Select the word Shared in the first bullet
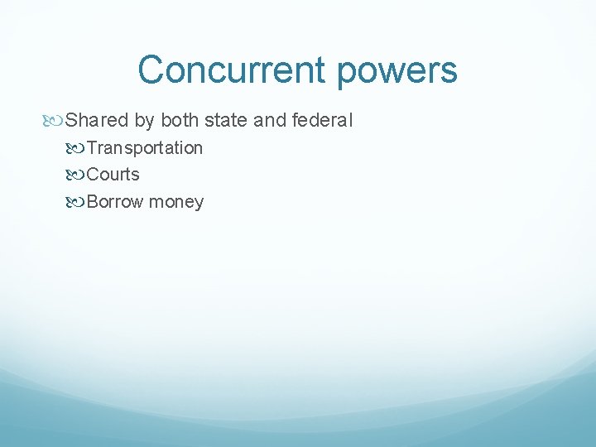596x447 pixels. pyautogui.click(x=98, y=121)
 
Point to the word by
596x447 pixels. pyautogui.click(x=144, y=122)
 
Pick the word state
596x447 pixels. pyautogui.click(x=225, y=121)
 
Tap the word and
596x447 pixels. pyautogui.click(x=270, y=121)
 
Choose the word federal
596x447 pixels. pyautogui.click(x=323, y=121)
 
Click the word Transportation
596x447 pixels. pyautogui.click(x=145, y=148)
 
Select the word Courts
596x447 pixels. pyautogui.click(x=113, y=175)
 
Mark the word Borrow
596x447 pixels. pyautogui.click(x=115, y=202)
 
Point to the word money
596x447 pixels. pyautogui.click(x=176, y=203)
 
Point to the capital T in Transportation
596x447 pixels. pyautogui.click(x=92, y=148)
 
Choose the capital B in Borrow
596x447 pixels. pyautogui.click(x=92, y=202)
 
